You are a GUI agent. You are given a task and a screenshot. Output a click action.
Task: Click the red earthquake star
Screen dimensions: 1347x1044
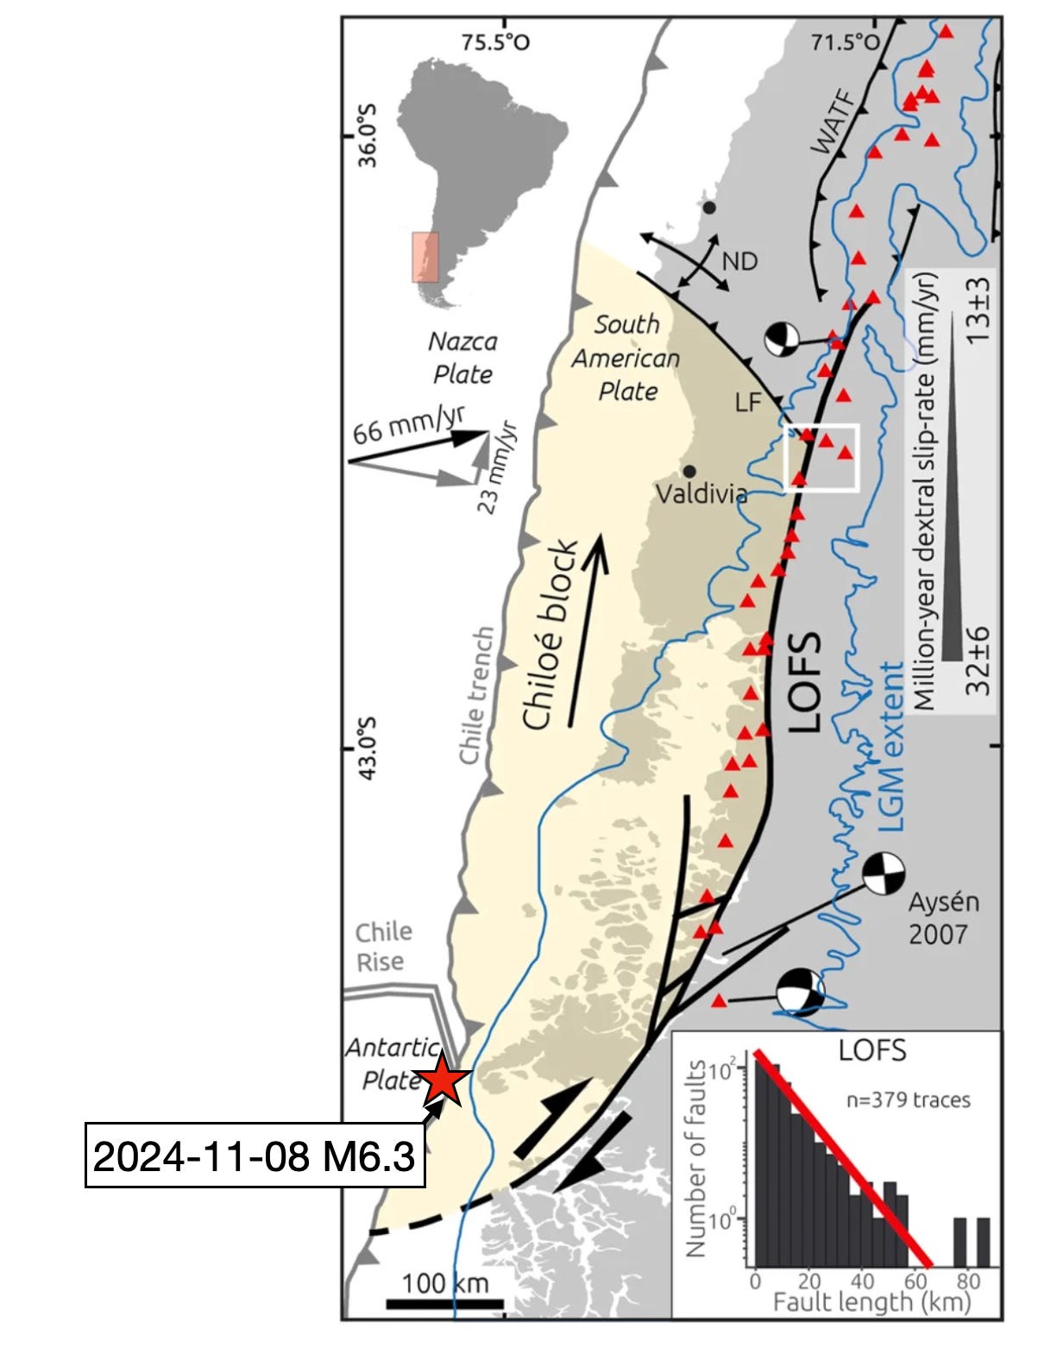443,1080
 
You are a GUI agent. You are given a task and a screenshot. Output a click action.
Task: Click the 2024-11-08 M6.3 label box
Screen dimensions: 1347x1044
255,1155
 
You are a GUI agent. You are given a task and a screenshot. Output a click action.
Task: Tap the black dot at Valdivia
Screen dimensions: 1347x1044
689,472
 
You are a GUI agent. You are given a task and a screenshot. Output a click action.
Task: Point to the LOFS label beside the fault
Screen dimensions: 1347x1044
804,682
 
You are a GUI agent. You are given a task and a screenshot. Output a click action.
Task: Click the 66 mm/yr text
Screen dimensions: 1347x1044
407,422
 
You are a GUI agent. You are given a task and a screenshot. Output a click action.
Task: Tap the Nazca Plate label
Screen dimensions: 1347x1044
462,358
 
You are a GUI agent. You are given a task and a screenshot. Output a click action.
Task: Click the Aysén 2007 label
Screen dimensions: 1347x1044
944,918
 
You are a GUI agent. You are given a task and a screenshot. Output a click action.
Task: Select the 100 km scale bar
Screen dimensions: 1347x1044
444,1303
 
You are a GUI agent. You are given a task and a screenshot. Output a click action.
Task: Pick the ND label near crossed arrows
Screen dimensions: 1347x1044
739,260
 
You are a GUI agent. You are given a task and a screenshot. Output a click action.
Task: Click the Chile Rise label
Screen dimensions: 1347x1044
383,947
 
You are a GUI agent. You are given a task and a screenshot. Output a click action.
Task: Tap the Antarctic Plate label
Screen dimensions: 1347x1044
392,1063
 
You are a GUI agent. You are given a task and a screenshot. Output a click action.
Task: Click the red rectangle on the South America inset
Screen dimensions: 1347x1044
425,256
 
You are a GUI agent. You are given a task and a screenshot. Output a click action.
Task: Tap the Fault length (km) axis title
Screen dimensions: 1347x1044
871,1301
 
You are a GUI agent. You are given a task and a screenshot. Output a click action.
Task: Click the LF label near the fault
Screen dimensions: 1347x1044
747,401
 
